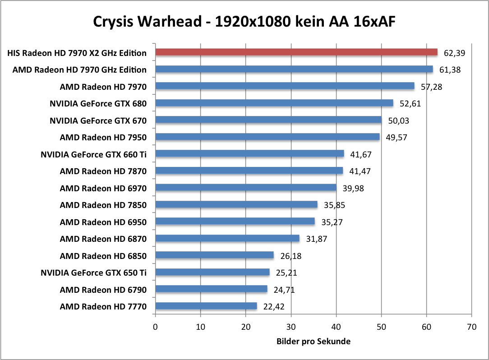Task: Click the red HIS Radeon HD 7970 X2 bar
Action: click(296, 52)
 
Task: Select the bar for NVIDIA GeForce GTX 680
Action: click(274, 103)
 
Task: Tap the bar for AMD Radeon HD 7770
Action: click(206, 306)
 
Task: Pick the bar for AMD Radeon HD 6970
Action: click(246, 188)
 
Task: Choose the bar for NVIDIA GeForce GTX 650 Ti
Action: click(212, 272)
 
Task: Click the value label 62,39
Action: click(454, 53)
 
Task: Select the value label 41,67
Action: click(361, 154)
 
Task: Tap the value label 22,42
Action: click(274, 307)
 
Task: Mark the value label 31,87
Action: click(316, 239)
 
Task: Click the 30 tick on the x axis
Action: click(291, 327)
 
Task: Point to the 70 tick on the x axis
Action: click(471, 327)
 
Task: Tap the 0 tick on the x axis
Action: click(156, 327)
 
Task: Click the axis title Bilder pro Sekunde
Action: click(313, 342)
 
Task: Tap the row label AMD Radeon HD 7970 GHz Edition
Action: click(79, 69)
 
